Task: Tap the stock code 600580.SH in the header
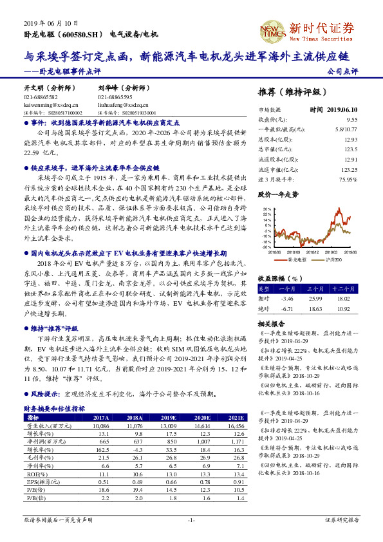(x=83, y=34)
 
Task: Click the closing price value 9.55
(x=351, y=120)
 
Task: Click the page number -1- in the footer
(x=191, y=519)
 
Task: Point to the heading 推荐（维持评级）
(x=292, y=91)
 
